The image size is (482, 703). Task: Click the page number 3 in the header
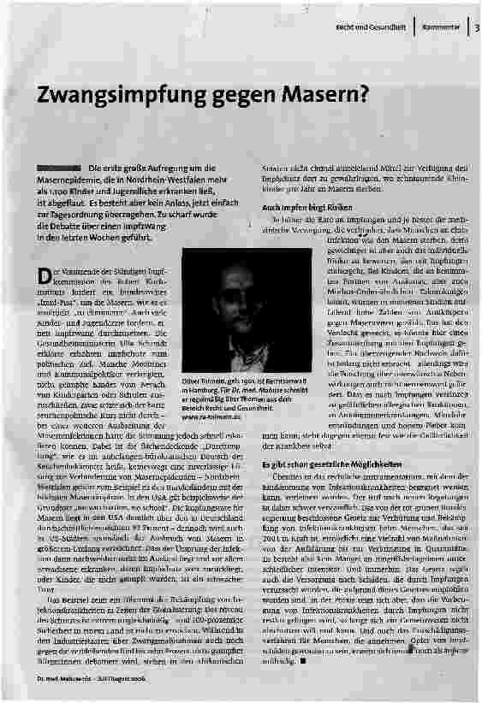477,27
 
